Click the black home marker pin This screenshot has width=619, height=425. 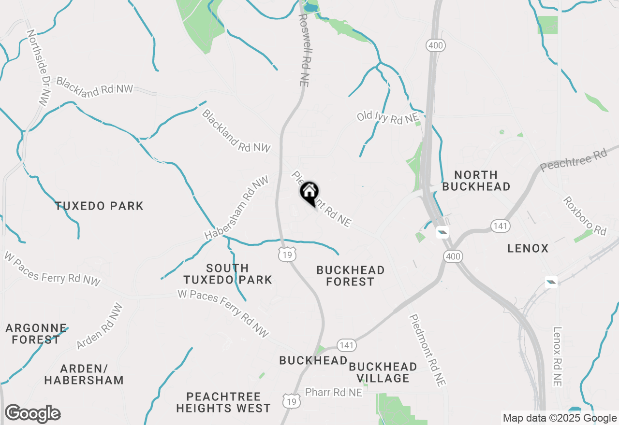tap(309, 193)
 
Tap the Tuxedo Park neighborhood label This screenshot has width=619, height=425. tap(99, 206)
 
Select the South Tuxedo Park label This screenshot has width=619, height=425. tap(227, 274)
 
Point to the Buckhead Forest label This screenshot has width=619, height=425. tap(350, 276)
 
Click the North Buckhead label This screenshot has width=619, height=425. tap(476, 181)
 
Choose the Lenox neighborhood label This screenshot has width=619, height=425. tap(528, 249)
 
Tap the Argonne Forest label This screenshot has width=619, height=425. tap(36, 334)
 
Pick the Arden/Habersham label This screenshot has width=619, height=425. tap(84, 374)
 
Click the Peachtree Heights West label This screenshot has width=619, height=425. tap(223, 402)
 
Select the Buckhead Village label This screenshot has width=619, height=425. tap(383, 372)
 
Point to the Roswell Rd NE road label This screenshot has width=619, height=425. tap(303, 50)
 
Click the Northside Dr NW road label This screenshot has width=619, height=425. tap(39, 68)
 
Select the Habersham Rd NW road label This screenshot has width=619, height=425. tap(236, 208)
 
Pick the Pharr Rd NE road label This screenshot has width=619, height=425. tap(333, 393)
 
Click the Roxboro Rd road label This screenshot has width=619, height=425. tap(584, 216)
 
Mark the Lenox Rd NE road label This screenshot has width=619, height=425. tap(558, 356)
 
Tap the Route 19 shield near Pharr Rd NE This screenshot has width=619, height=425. tap(292, 401)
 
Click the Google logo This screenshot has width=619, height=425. tap(32, 414)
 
